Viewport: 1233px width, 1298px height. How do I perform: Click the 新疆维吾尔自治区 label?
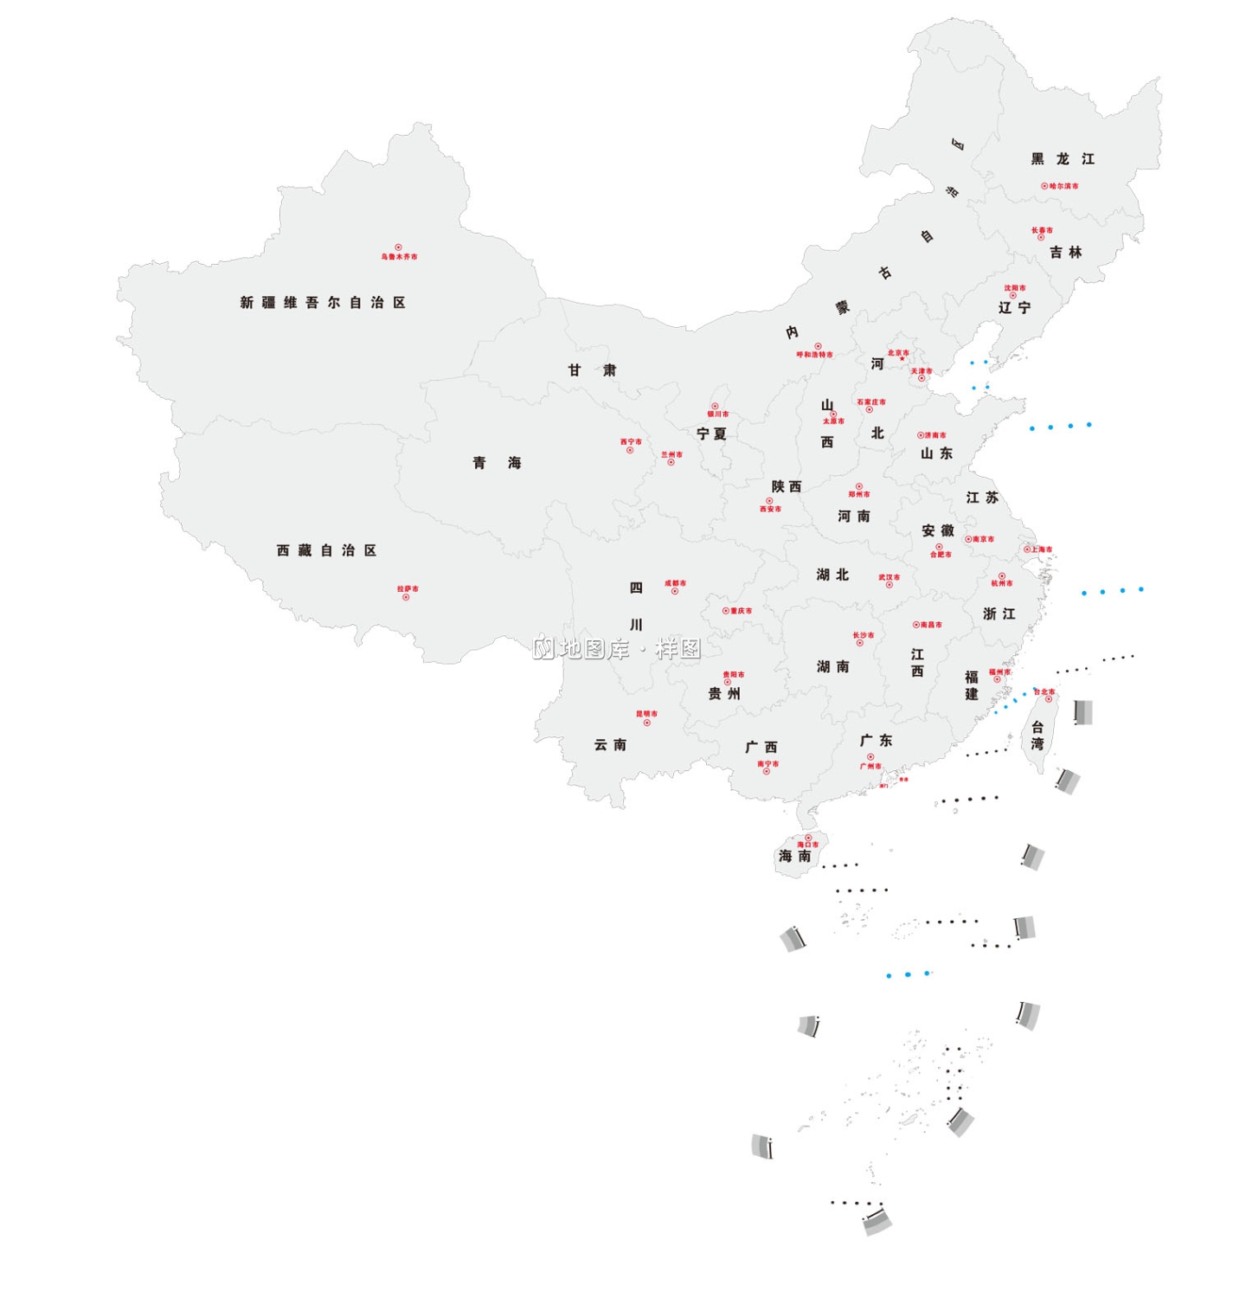323,303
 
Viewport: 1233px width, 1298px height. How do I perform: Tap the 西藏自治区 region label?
326,550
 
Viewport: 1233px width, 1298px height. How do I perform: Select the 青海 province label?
497,463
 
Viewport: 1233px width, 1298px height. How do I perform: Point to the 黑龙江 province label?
1063,159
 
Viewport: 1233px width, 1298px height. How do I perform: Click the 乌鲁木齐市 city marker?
398,247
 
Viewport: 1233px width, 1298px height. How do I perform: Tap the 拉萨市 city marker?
406,597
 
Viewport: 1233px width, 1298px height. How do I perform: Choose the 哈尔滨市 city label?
1063,186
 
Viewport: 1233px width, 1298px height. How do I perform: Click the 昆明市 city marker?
646,723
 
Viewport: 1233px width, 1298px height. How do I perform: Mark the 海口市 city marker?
808,838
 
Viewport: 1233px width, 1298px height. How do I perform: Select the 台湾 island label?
1037,736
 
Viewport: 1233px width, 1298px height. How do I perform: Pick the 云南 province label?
610,745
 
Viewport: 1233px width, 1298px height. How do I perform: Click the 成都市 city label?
676,583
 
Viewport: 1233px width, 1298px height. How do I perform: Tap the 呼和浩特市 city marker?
818,346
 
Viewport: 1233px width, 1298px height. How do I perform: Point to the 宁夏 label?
711,434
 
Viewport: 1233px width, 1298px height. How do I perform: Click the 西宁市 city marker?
630,450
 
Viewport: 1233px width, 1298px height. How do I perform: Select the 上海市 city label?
1042,549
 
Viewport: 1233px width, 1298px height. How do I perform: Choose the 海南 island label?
794,857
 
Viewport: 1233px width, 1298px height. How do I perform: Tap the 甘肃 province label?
592,370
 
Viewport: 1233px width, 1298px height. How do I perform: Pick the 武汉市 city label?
889,577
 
